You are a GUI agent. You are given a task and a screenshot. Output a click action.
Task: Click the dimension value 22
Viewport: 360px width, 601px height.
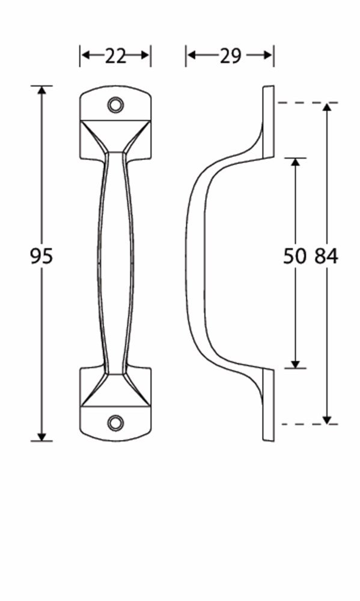(x=115, y=56)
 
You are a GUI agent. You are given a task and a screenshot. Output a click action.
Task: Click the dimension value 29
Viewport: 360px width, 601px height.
(x=230, y=56)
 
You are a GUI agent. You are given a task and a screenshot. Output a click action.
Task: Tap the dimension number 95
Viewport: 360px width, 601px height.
(x=41, y=256)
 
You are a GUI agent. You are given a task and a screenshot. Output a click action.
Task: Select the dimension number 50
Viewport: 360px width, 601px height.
(x=295, y=256)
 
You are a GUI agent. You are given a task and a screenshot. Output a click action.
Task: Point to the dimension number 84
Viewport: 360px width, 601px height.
(x=327, y=256)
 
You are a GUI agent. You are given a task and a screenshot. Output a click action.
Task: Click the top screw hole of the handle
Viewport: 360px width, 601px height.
(x=115, y=105)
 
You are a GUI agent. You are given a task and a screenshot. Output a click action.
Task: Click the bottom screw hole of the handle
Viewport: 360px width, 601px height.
(x=115, y=423)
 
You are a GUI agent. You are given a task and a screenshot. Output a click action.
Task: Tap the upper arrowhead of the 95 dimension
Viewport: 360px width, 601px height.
(x=41, y=90)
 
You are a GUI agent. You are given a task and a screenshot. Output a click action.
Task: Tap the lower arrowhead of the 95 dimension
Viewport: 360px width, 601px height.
(x=41, y=436)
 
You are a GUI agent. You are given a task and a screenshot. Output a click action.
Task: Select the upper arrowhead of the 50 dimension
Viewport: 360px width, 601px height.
(x=295, y=162)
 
